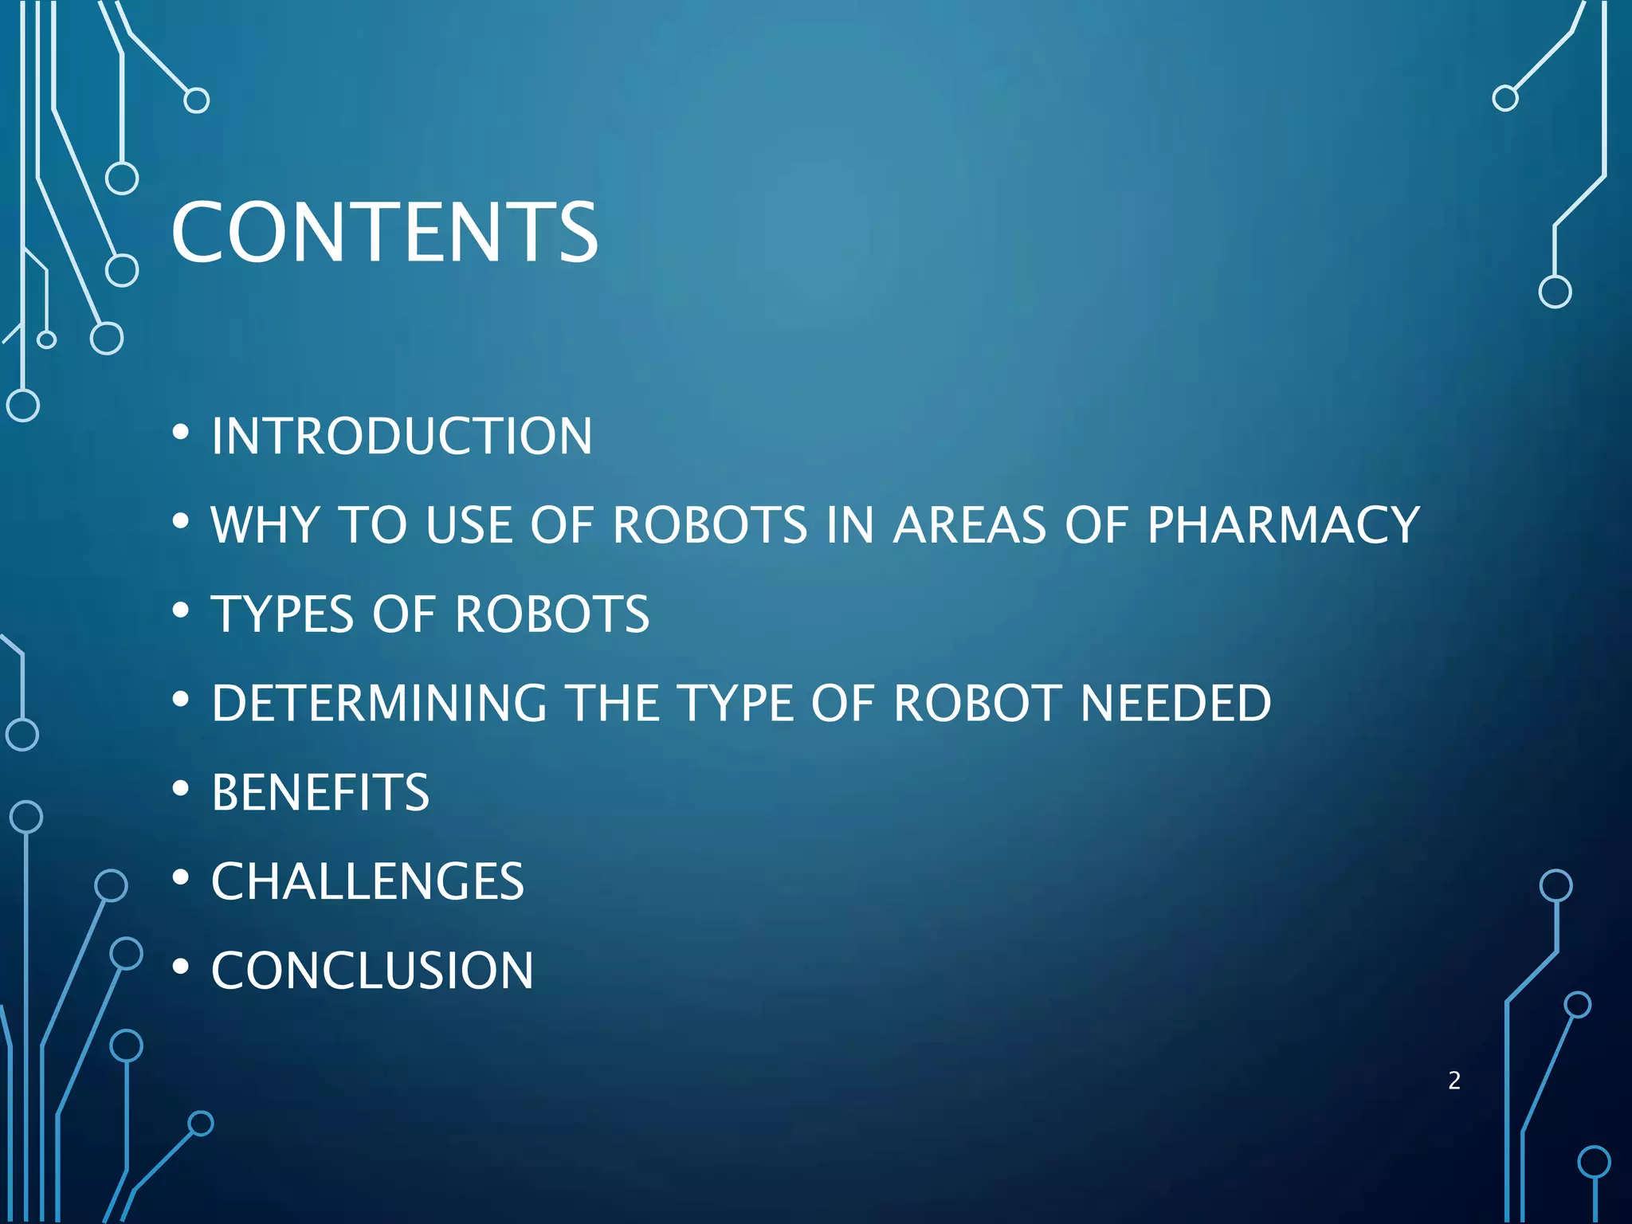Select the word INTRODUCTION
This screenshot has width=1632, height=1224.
[x=402, y=437]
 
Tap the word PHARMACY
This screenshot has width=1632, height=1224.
[x=1283, y=525]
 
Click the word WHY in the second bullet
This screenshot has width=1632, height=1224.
[x=265, y=525]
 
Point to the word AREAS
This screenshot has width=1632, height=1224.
[x=969, y=525]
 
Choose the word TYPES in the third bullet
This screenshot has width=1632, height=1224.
[x=282, y=614]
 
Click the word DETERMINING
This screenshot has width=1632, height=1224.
[x=379, y=704]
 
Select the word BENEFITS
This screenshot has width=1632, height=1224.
[x=320, y=793]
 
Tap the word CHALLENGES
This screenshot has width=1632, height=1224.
[x=367, y=882]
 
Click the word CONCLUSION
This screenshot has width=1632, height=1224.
[x=372, y=971]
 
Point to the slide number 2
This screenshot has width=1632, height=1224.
[x=1454, y=1081]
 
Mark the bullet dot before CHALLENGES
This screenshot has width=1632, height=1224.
[x=181, y=878]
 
